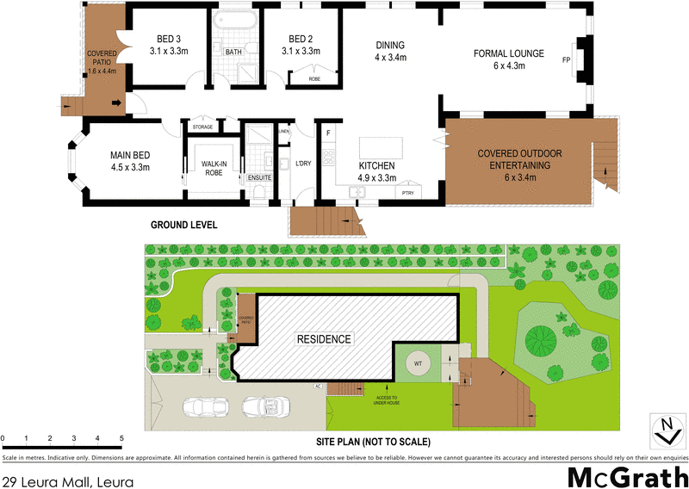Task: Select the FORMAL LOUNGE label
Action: click(x=509, y=53)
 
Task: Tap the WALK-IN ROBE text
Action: click(x=213, y=167)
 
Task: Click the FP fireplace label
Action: click(x=566, y=61)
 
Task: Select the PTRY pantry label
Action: click(x=408, y=194)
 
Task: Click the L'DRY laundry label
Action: click(x=302, y=164)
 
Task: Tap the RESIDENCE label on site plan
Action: click(x=324, y=338)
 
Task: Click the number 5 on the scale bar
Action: click(x=121, y=438)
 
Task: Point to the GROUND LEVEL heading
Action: click(x=183, y=225)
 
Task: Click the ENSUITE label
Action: click(x=259, y=178)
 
